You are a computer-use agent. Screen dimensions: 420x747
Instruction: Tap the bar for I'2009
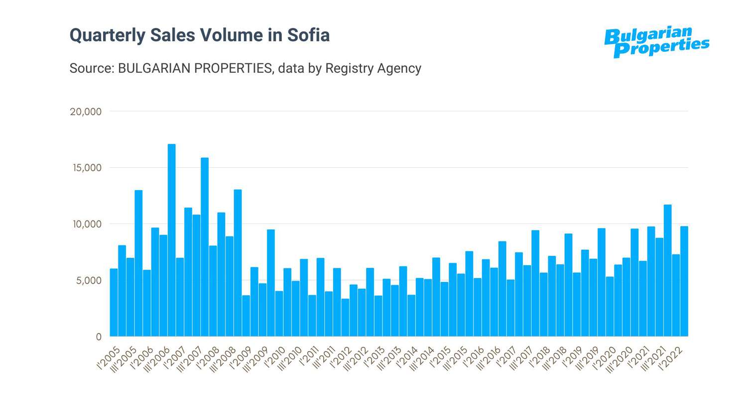246,315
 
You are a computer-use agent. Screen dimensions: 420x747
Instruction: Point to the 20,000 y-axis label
86,112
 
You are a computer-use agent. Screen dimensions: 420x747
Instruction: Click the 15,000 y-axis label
87,168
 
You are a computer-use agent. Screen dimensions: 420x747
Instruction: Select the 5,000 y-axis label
89,281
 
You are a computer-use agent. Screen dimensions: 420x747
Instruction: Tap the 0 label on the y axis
99,337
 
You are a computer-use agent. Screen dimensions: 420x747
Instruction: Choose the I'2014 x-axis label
407,359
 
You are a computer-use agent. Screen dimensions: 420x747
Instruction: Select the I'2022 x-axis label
671,359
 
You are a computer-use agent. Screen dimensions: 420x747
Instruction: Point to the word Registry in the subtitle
349,68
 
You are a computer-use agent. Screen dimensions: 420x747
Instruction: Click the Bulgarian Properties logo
656,42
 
